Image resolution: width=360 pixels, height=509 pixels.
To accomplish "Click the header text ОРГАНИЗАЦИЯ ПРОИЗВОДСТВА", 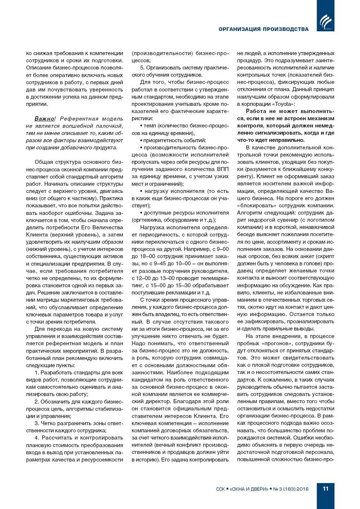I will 263,29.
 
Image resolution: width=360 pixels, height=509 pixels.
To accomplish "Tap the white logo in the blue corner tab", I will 325,22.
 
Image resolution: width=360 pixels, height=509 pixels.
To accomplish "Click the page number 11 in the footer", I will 325,488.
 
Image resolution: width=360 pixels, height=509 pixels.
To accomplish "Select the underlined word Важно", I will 44,119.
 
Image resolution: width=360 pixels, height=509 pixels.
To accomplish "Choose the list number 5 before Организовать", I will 142,68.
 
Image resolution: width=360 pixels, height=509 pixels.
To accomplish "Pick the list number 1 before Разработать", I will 36,373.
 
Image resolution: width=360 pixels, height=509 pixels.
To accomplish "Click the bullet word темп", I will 150,126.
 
